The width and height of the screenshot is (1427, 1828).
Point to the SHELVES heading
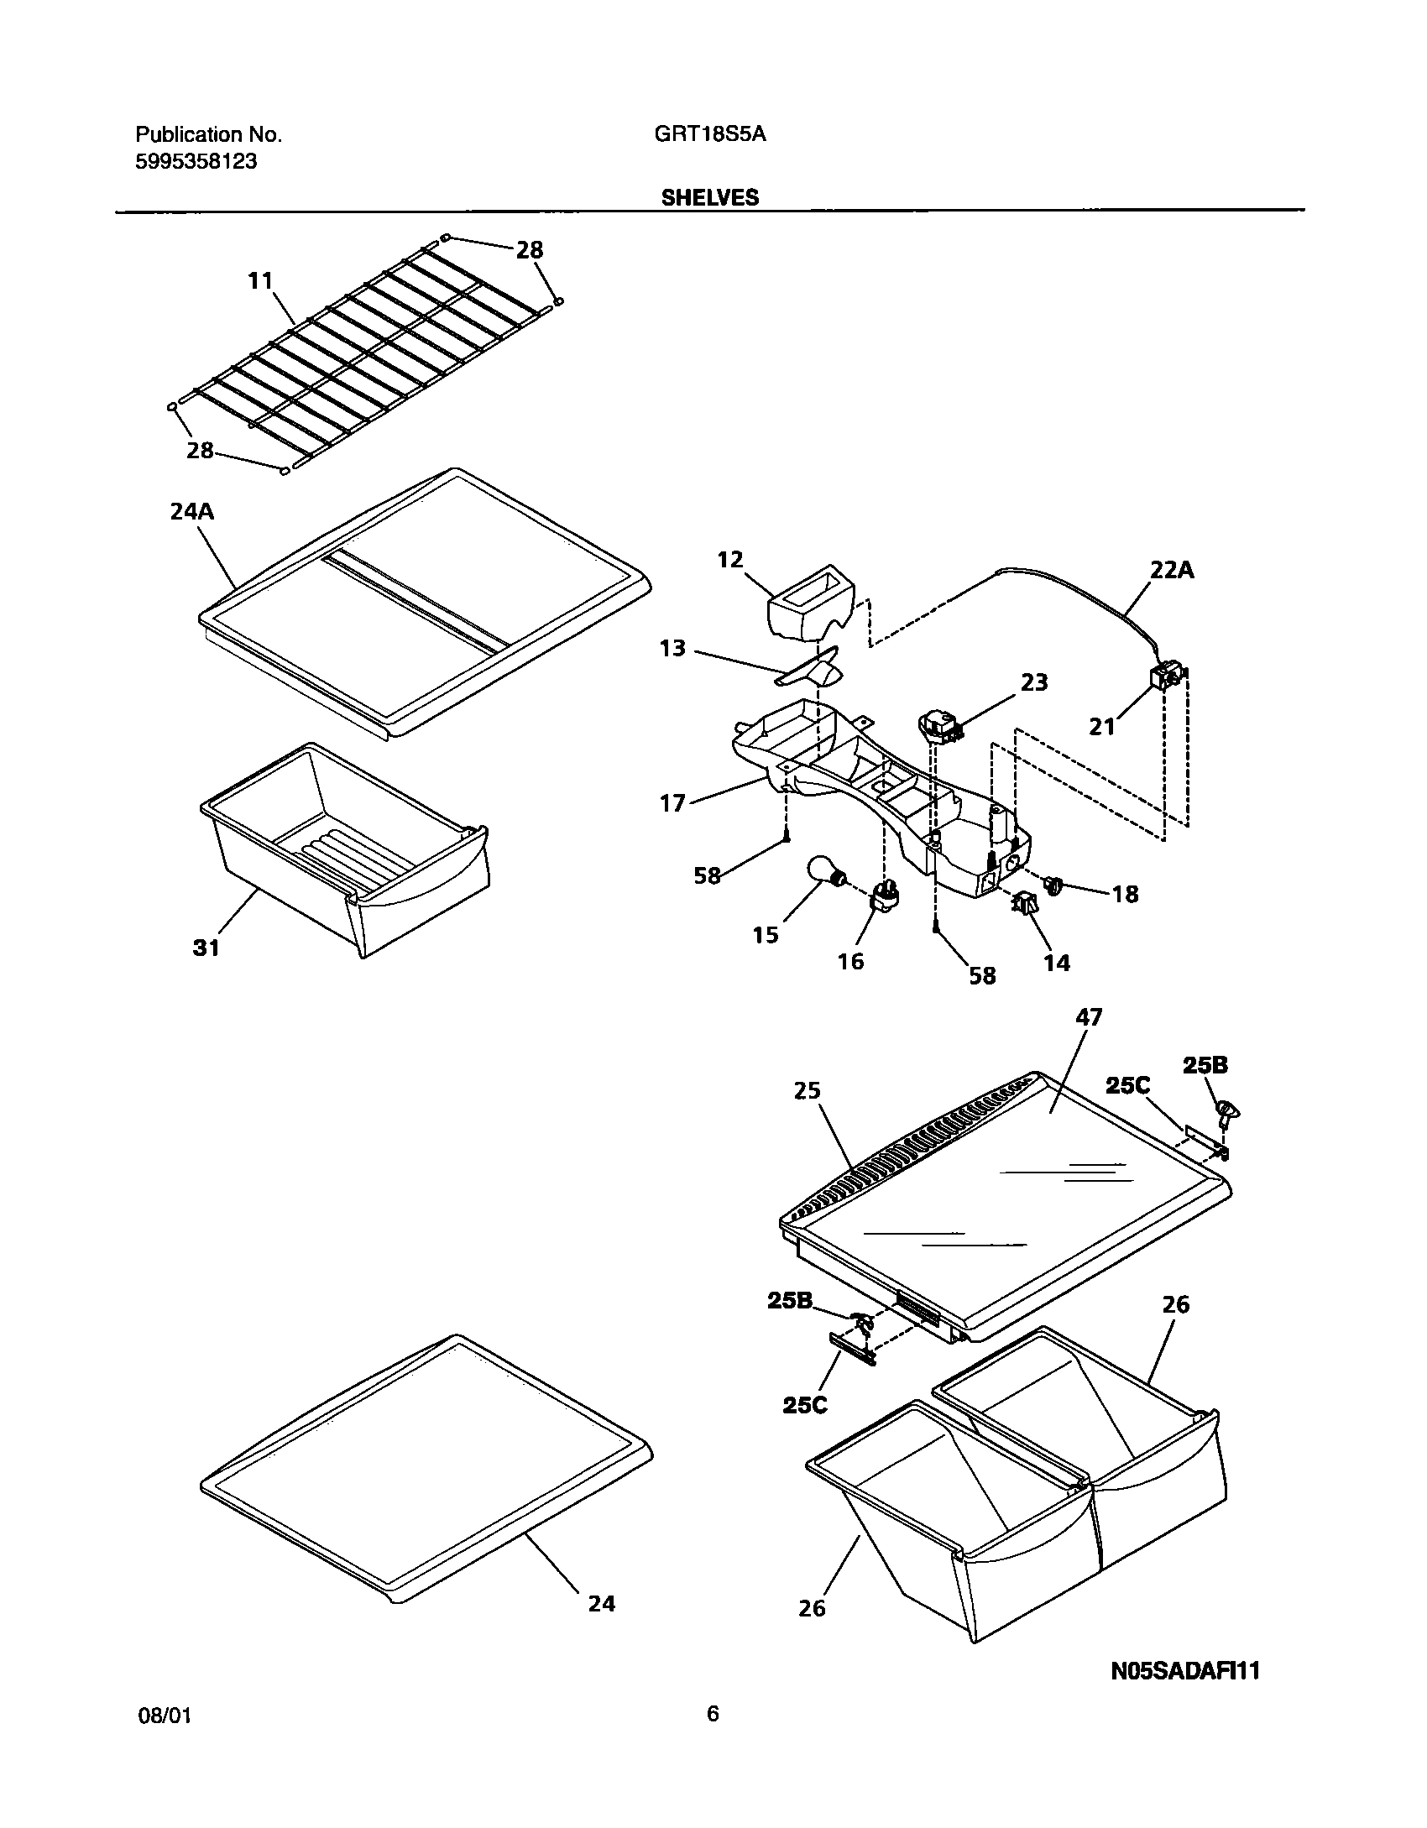click(x=709, y=197)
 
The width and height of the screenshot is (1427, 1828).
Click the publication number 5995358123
click(x=196, y=162)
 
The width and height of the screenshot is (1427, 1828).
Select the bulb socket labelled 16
click(x=885, y=899)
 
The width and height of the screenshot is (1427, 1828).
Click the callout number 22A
click(x=1172, y=571)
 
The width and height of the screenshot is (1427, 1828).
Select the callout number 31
click(x=206, y=948)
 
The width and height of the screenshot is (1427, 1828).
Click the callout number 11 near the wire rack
click(x=261, y=280)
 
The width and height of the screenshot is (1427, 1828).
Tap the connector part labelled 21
click(x=1168, y=675)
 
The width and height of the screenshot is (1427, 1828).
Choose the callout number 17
click(x=673, y=803)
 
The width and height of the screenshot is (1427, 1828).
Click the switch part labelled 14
click(x=1025, y=905)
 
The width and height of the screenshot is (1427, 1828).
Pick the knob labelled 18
click(x=1054, y=883)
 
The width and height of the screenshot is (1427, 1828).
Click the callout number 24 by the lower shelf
click(x=601, y=1603)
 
